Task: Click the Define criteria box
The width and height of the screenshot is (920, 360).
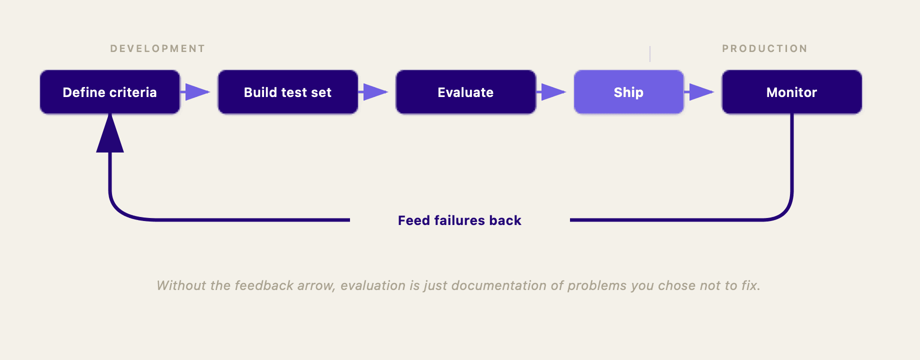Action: point(109,92)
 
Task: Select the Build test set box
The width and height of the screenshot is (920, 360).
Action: point(287,92)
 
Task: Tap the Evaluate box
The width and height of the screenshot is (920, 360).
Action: point(465,92)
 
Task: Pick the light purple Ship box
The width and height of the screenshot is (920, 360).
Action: point(628,92)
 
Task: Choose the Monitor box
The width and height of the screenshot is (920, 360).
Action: point(791,92)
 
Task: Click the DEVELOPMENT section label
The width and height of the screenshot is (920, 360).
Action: point(157,48)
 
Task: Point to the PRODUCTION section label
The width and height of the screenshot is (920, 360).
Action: point(764,48)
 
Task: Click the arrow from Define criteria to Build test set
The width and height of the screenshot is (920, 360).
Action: point(196,92)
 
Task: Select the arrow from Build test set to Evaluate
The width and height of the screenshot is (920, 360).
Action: point(374,92)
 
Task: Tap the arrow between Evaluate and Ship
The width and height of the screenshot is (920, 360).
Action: point(552,92)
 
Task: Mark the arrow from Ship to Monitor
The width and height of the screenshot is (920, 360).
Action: point(700,92)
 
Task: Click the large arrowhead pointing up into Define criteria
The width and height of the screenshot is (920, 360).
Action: point(109,135)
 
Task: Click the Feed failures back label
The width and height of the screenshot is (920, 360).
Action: point(459,220)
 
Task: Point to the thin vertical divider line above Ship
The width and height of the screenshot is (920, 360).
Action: point(650,53)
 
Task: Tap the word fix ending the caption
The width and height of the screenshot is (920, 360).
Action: point(749,285)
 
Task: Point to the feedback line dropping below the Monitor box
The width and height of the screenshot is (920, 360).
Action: point(792,160)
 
